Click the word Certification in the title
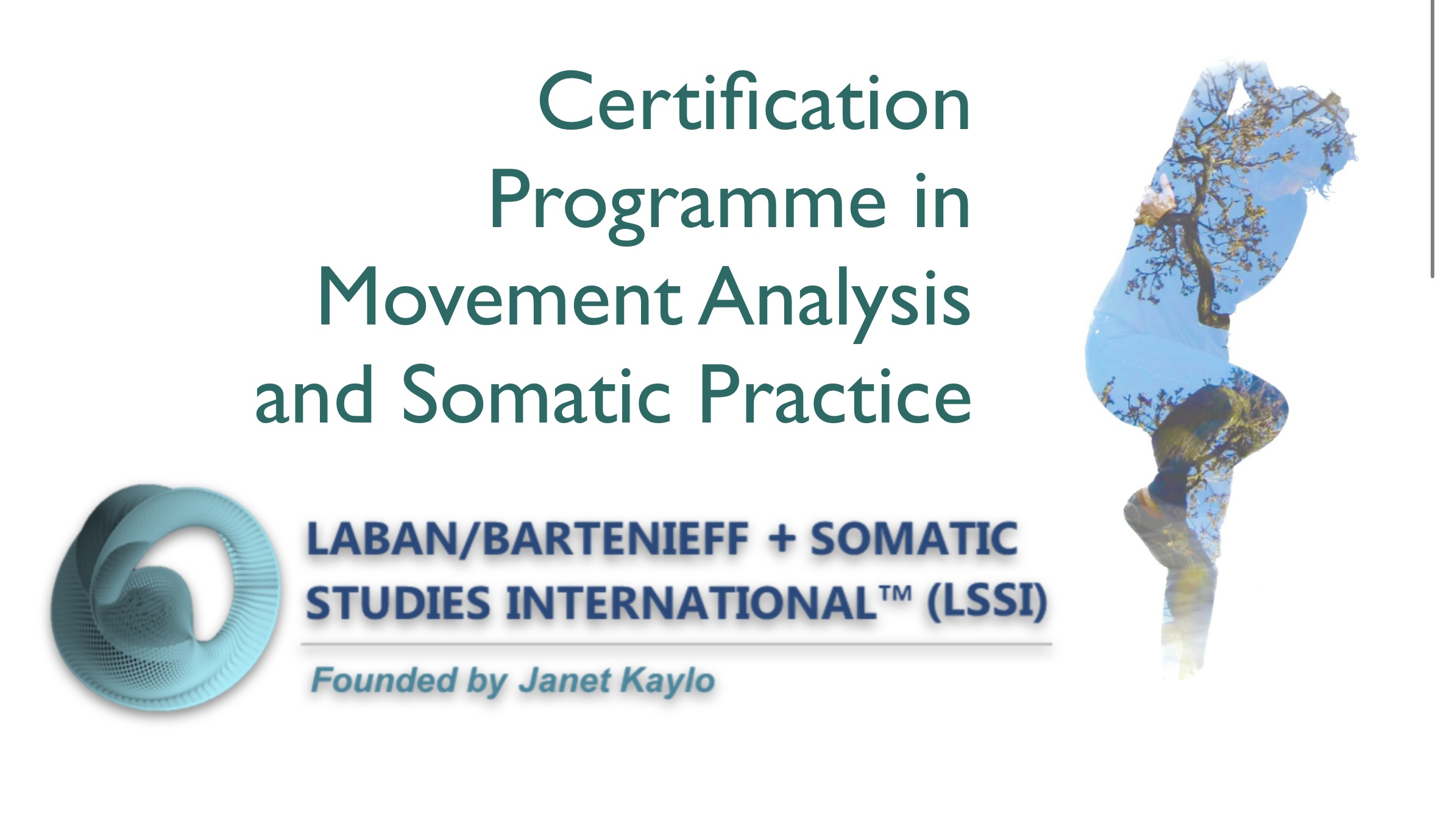(x=754, y=102)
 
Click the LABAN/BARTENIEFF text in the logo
(x=528, y=540)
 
